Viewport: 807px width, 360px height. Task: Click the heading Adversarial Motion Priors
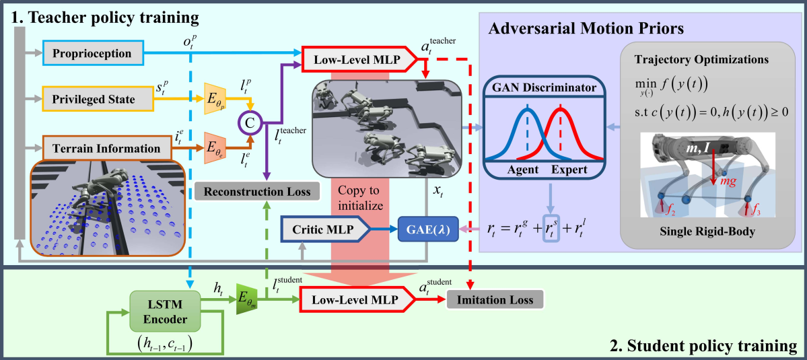tap(586, 30)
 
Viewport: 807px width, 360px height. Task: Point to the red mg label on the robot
tap(725, 182)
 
